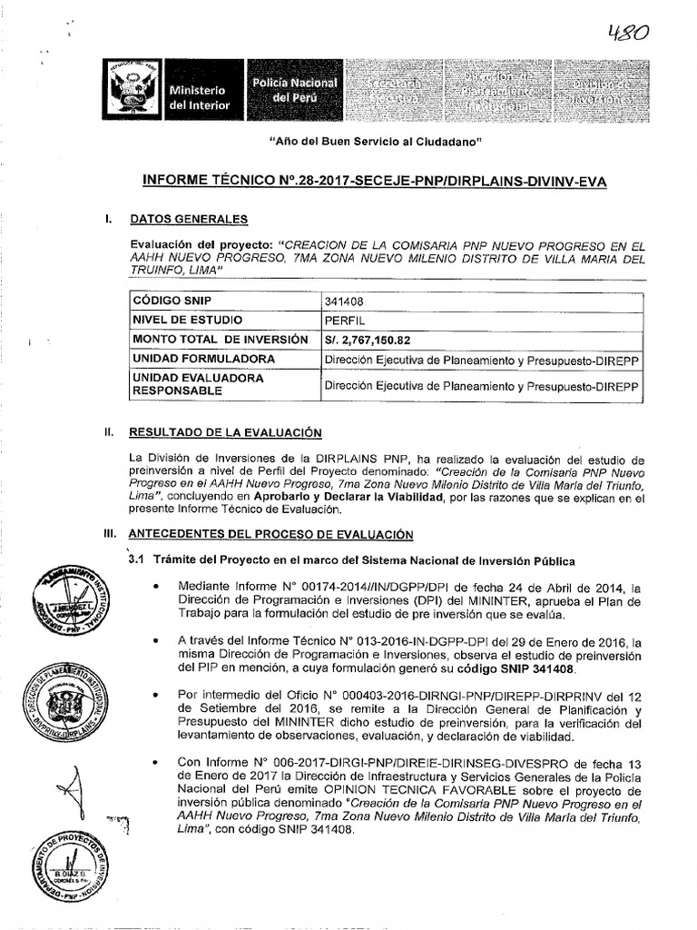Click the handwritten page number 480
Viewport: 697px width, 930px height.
(x=629, y=34)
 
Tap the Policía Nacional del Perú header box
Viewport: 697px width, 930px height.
(x=294, y=90)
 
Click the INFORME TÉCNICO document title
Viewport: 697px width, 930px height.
(x=375, y=182)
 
